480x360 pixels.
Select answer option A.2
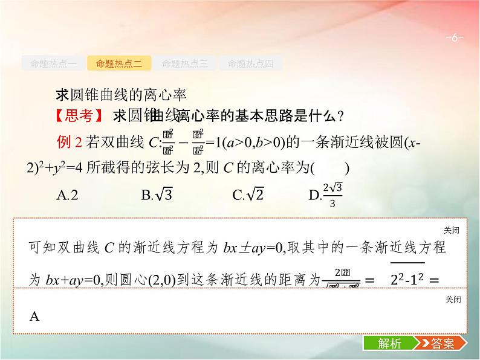(67, 194)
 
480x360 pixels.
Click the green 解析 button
(389, 344)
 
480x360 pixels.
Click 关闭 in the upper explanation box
(452, 230)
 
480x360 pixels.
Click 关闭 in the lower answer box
(452, 300)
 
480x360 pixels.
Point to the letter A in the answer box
(34, 316)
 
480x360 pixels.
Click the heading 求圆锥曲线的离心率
(122, 95)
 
